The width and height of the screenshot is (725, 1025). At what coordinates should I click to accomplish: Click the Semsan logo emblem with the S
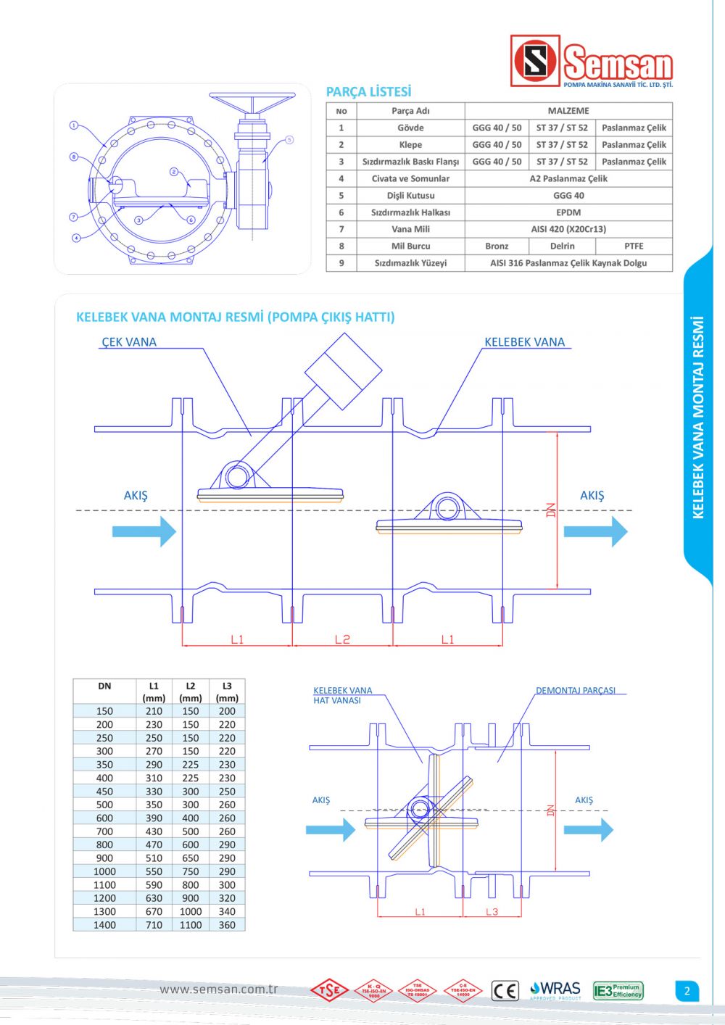535,61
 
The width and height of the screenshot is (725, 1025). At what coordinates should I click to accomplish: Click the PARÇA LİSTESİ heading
368,92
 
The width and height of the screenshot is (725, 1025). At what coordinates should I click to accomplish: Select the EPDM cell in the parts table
568,212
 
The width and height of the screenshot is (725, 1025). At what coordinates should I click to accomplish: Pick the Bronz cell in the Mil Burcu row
497,246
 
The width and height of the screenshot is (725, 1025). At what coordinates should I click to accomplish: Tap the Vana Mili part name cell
410,229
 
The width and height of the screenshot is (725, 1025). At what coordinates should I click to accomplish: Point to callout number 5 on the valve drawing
289,140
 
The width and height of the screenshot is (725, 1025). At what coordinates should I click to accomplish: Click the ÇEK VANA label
129,342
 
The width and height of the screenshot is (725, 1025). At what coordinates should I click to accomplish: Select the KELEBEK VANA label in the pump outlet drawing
524,342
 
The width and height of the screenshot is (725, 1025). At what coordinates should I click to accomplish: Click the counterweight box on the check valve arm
343,371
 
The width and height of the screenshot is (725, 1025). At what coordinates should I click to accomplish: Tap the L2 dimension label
342,639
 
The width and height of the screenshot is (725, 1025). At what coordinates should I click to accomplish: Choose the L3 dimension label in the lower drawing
492,912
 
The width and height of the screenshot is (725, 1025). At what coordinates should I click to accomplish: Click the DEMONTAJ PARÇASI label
576,691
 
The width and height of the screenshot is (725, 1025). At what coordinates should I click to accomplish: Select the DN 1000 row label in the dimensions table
104,871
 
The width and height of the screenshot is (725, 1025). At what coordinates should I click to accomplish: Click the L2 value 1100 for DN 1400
191,925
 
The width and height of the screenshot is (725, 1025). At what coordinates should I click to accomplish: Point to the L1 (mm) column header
154,692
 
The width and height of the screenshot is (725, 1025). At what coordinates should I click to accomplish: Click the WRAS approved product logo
555,990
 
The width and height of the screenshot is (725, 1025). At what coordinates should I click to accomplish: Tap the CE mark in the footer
505,991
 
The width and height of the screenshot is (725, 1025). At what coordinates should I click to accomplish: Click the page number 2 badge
687,991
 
